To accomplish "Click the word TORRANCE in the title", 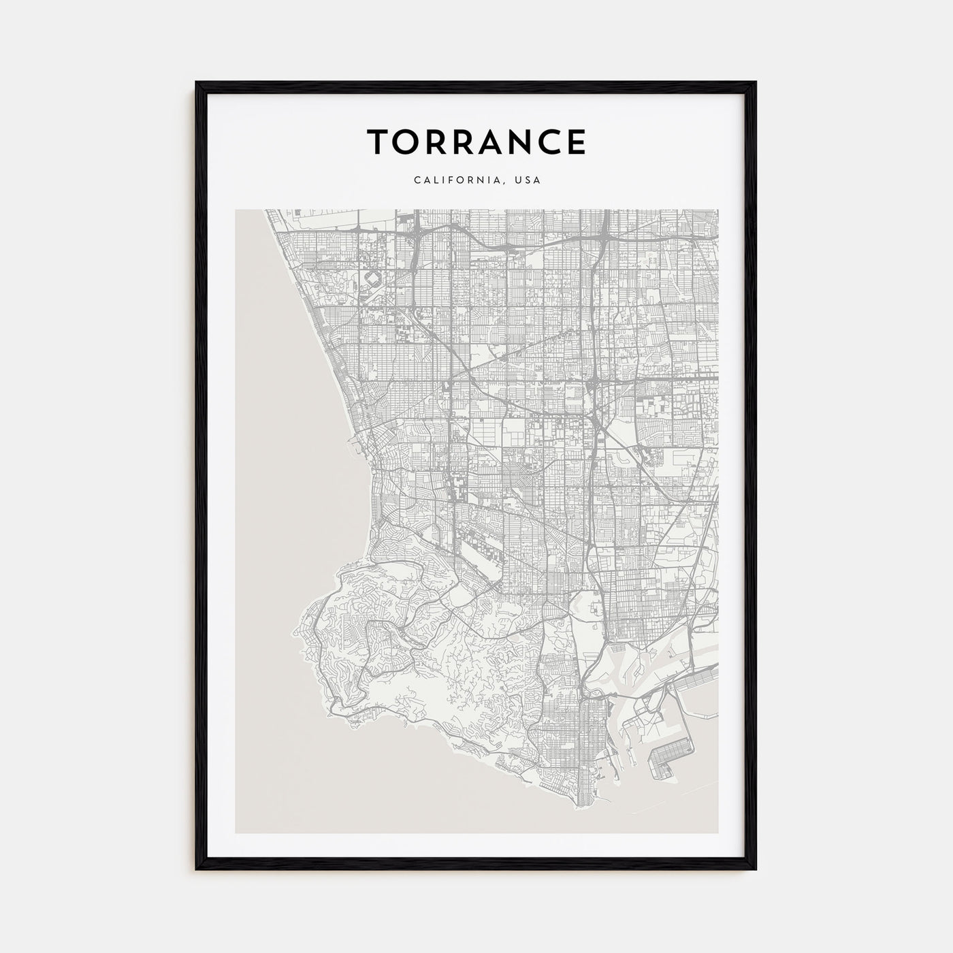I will tap(476, 142).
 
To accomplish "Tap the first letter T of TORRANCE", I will tap(378, 142).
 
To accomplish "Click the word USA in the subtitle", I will tap(528, 180).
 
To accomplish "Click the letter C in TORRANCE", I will tap(545, 142).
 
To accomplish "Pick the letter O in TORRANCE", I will tap(406, 142).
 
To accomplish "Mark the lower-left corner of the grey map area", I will tap(236, 832).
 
